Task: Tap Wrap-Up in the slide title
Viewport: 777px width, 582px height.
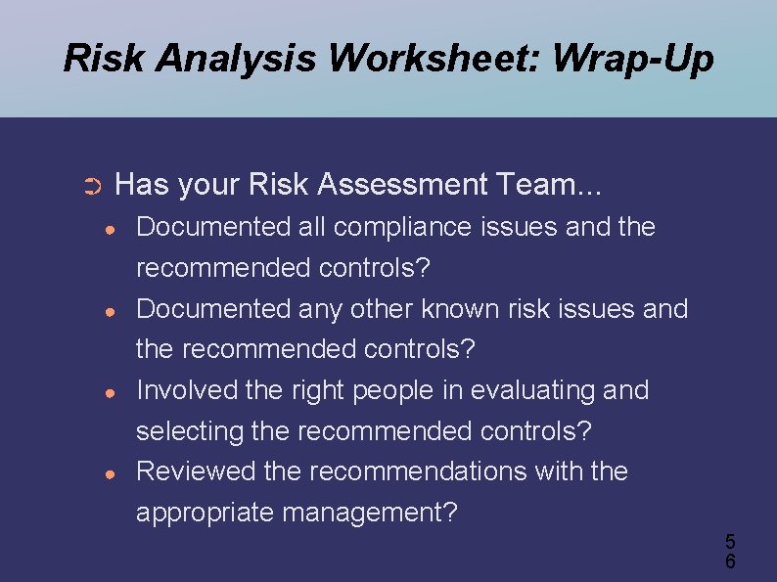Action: [633, 59]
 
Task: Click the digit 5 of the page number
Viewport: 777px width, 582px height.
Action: [730, 541]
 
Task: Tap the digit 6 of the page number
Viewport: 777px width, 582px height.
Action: [730, 561]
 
